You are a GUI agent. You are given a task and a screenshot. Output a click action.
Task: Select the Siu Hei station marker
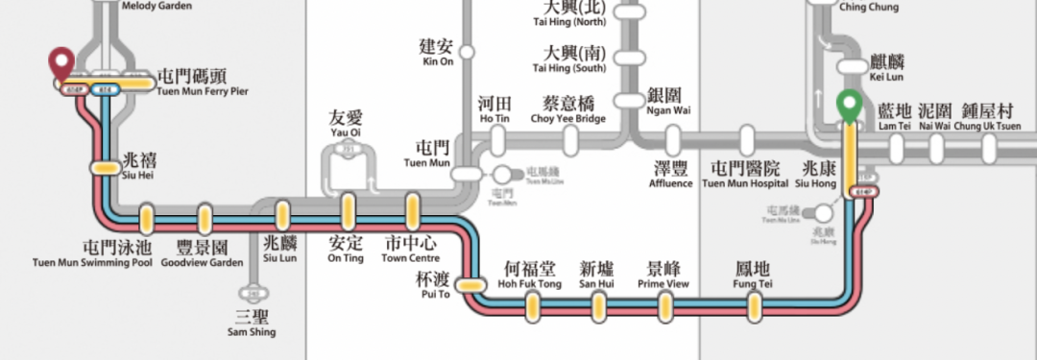click(105, 168)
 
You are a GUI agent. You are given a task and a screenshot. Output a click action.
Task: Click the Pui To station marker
click(470, 285)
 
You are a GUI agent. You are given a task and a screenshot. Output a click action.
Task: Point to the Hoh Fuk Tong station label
click(529, 276)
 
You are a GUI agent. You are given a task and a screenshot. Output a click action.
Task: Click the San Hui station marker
click(599, 305)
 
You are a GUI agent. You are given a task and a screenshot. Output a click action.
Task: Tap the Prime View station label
click(663, 276)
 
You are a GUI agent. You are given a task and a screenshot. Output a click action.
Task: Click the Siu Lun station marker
click(282, 214)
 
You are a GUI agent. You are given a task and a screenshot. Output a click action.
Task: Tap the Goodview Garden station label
click(202, 254)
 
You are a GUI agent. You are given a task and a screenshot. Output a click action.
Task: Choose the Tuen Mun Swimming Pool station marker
click(147, 219)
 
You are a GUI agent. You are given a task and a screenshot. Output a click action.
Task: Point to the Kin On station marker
click(468, 51)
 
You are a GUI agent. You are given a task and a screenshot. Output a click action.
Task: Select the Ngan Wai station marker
click(629, 100)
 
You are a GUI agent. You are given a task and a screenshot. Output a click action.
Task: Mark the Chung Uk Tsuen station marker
click(989, 147)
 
